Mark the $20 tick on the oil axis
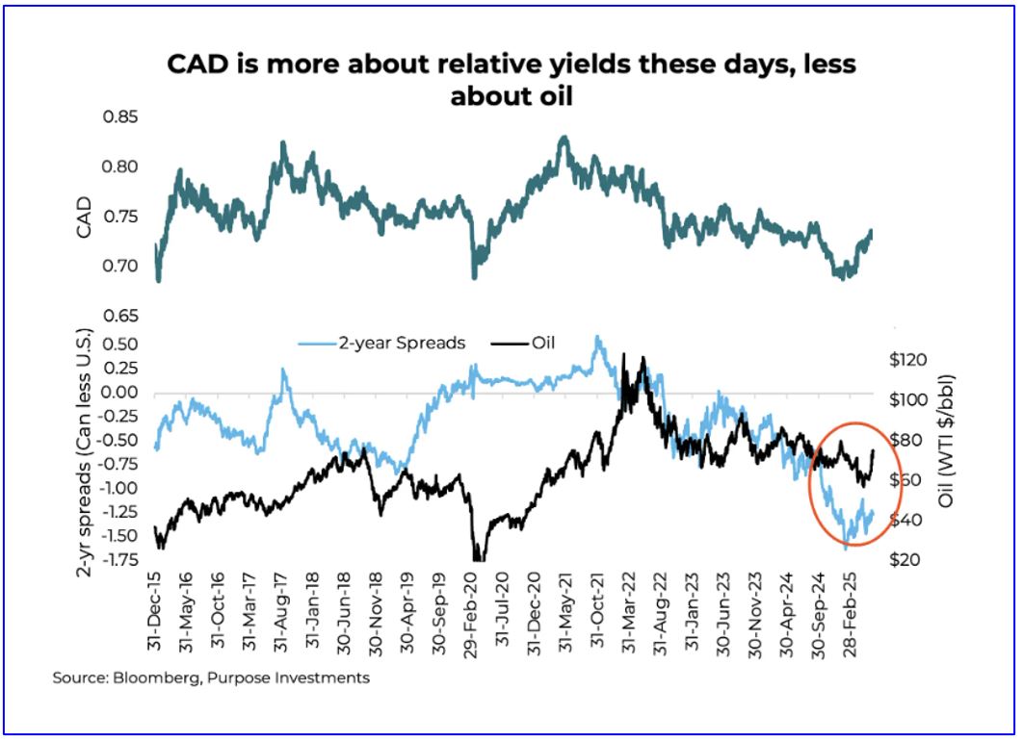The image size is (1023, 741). (x=908, y=559)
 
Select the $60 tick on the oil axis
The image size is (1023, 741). (x=908, y=479)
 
